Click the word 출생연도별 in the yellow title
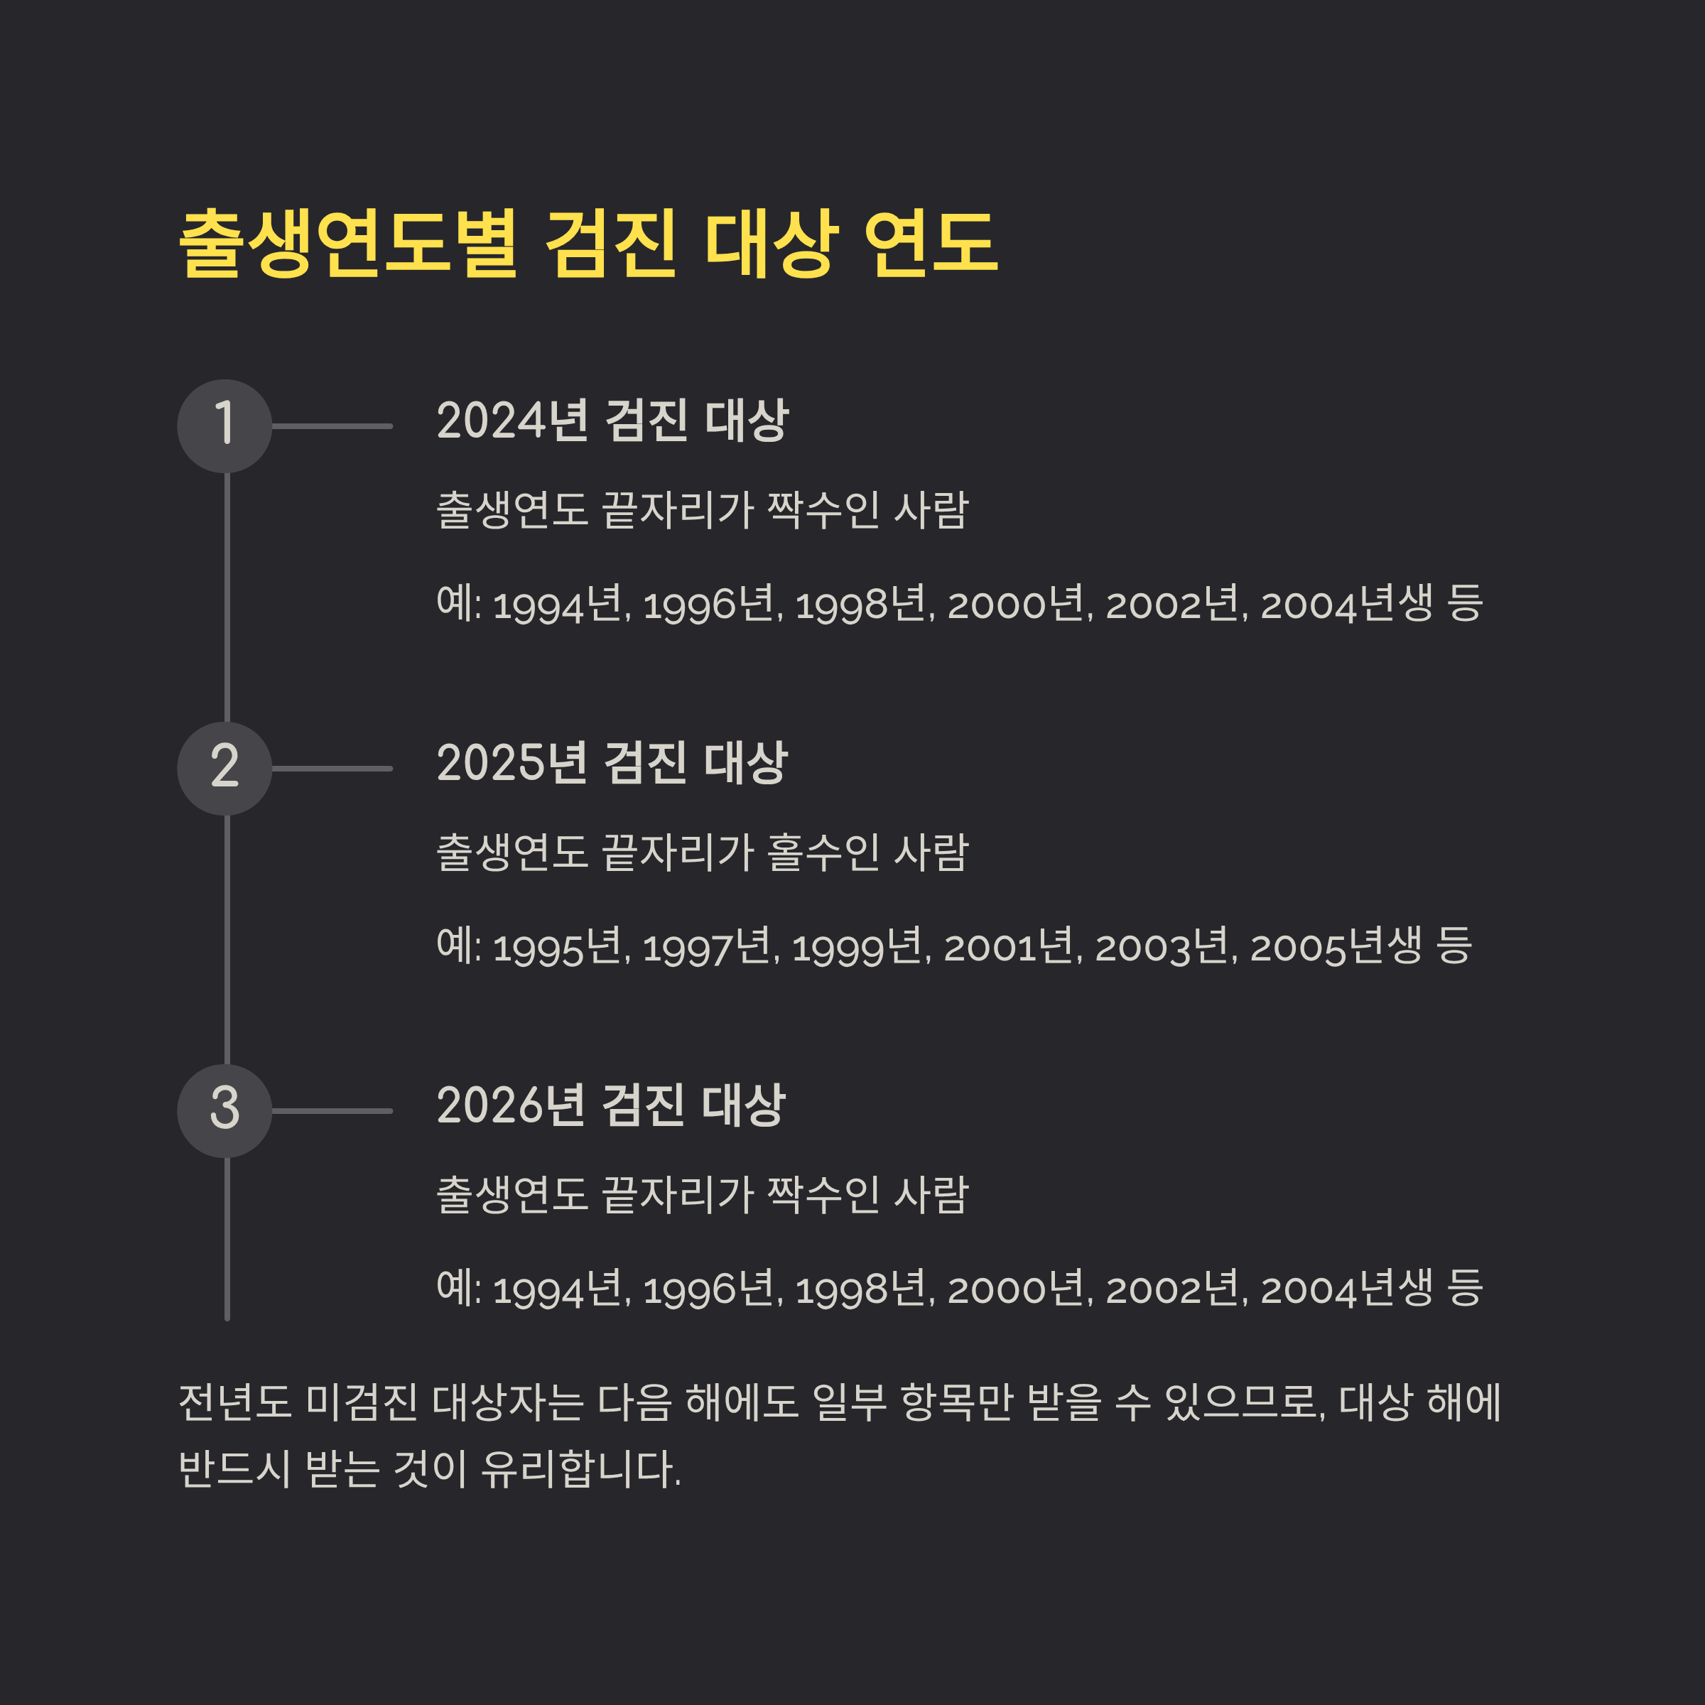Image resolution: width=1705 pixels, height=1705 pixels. [x=347, y=244]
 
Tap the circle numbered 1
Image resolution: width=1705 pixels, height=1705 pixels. [x=224, y=426]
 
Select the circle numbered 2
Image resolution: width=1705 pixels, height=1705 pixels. [x=224, y=769]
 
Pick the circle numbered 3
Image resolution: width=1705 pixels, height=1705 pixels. [x=224, y=1111]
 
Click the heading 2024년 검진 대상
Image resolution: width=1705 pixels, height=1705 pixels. [x=612, y=420]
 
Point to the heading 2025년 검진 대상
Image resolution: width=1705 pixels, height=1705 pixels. [x=612, y=762]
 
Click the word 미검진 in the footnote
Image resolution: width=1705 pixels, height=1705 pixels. [x=362, y=1402]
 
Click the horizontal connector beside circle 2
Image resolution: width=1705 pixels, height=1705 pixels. [x=332, y=769]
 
